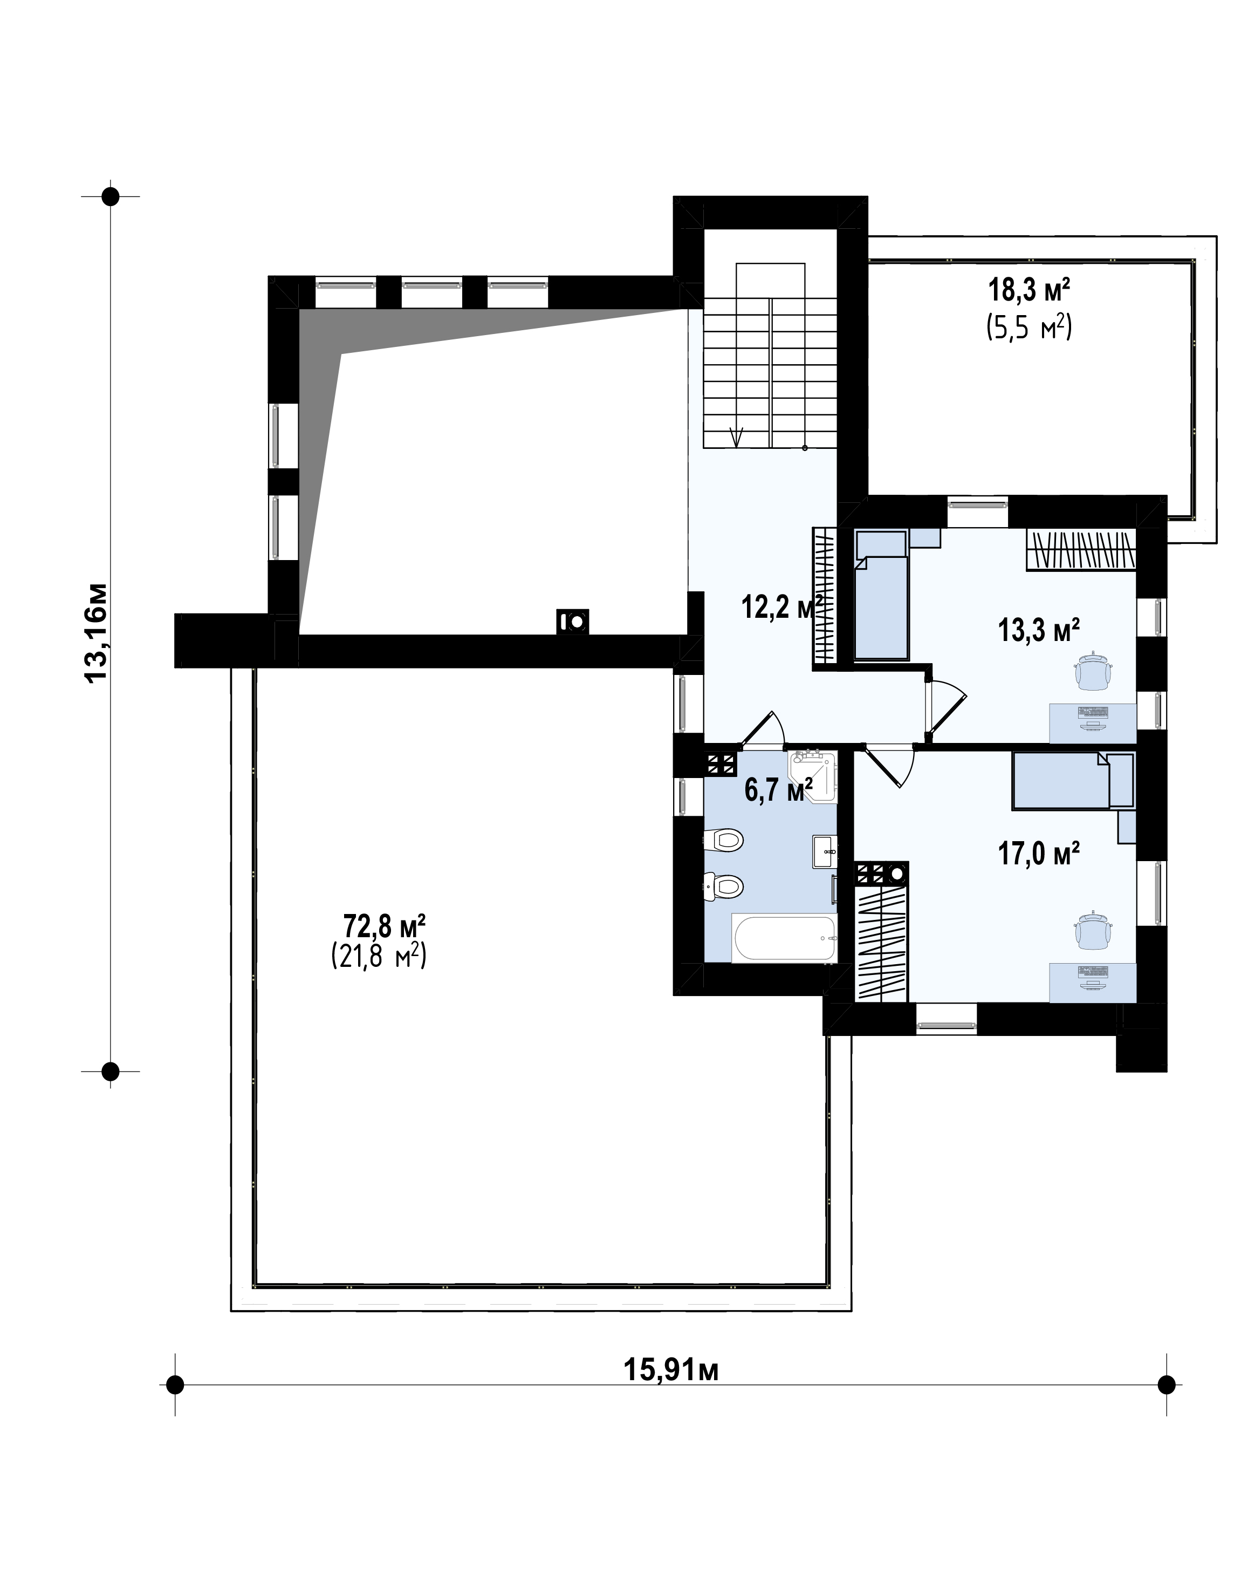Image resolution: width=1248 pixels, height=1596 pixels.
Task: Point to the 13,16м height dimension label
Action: click(97, 633)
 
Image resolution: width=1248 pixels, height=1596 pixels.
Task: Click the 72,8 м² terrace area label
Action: click(385, 926)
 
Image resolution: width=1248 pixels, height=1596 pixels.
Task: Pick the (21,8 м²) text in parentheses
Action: click(379, 956)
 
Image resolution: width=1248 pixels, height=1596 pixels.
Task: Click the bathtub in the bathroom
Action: click(785, 939)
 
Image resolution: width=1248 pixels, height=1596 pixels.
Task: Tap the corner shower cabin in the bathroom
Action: click(813, 775)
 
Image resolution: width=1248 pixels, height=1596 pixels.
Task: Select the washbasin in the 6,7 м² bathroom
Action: click(826, 852)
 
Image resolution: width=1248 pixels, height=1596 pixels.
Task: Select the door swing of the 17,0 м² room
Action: click(888, 766)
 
